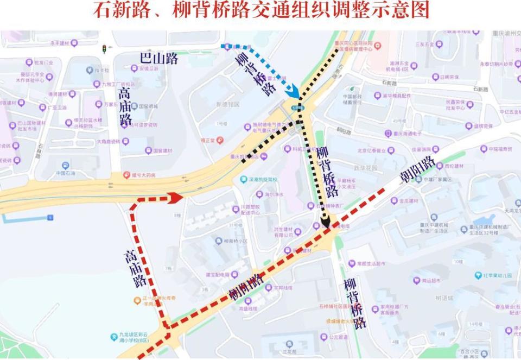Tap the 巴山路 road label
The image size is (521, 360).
pos(158,59)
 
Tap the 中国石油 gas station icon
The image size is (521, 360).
pos(65,166)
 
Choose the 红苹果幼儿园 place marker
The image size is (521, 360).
pos(479,276)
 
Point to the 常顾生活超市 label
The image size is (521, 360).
pos(370,264)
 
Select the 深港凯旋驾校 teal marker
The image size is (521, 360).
pos(244,180)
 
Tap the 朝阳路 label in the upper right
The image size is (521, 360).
pos(417,169)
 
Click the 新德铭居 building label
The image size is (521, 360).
pos(227,104)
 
